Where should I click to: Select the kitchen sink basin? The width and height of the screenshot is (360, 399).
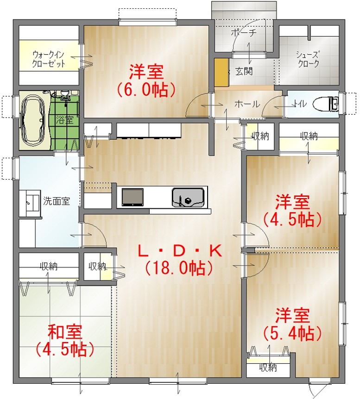pos(188,198)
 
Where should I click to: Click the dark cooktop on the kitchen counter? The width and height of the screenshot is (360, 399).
pos(132,197)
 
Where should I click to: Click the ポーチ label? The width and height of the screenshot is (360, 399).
pos(244,33)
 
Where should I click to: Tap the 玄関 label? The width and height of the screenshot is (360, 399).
pos(244,71)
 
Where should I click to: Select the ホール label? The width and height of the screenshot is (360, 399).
pos(247,104)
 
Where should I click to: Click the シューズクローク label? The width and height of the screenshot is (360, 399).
pos(308,59)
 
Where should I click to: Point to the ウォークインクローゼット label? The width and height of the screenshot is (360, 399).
pos(48,59)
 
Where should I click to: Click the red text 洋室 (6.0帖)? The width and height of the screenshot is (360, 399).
pos(146,81)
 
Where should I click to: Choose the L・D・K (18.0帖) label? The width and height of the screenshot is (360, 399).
pos(179,260)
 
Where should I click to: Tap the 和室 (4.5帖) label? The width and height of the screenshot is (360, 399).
pos(65,340)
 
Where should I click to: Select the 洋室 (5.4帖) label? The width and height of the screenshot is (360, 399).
pos(292,324)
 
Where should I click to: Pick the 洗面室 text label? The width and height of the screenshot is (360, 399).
pos(57,201)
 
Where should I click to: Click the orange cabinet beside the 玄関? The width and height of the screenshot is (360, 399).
pos(221,73)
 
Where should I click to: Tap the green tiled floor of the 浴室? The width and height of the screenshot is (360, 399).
pos(65,120)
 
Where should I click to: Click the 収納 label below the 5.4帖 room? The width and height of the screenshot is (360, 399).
pos(268,368)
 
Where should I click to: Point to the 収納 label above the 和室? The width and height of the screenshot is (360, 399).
pos(48,267)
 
